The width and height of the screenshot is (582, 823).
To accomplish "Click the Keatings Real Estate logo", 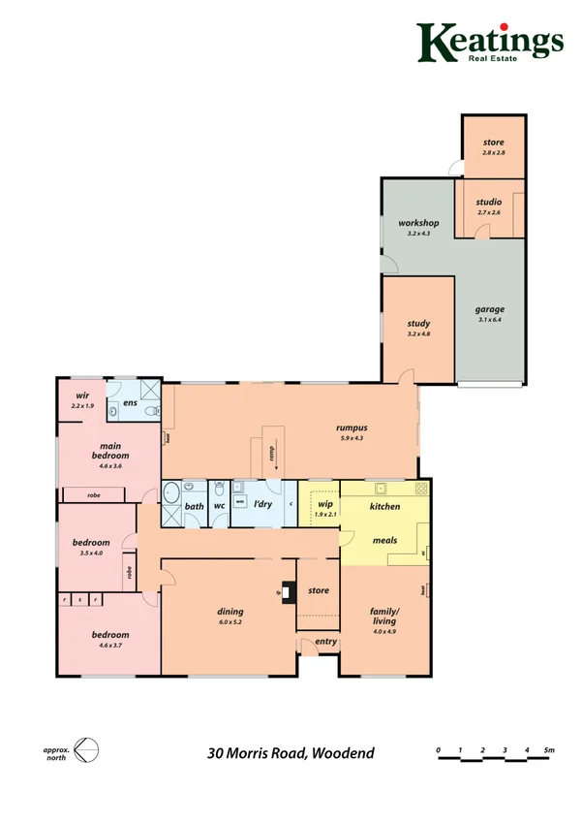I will click(x=490, y=43).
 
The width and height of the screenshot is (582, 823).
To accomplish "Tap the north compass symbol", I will click(x=86, y=750).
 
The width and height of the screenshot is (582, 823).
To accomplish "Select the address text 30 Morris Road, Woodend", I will click(x=291, y=752).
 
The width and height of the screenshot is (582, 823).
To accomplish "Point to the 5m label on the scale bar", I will click(x=548, y=749).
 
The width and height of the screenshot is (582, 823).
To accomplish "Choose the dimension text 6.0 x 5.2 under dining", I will click(x=230, y=622).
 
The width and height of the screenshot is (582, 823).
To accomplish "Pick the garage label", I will click(x=489, y=310).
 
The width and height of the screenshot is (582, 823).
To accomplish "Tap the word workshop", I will click(x=419, y=224).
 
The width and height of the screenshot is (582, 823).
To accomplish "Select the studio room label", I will click(x=489, y=202).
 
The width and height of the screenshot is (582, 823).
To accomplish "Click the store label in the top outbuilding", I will click(x=494, y=142).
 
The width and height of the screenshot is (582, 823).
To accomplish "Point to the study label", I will click(x=418, y=324).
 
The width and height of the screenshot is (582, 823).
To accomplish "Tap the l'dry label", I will click(x=261, y=506).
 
